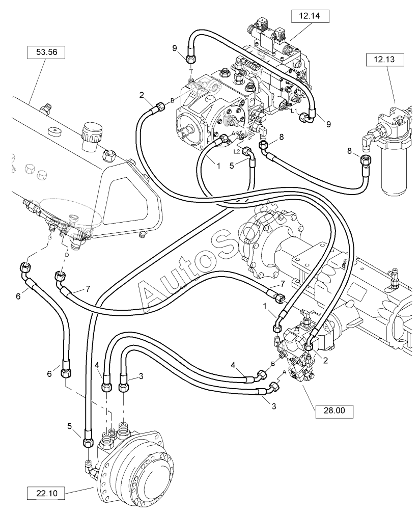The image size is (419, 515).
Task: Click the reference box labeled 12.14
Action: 310,16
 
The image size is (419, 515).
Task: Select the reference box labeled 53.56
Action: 46,52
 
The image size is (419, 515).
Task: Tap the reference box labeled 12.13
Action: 385,60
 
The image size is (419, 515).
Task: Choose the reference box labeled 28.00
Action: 334,411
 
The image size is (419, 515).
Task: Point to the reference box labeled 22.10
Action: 47,493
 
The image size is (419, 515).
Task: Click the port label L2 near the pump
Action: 236,151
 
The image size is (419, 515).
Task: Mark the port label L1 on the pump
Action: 294,111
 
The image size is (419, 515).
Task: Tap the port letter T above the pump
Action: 191,71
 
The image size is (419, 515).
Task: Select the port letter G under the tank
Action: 49,237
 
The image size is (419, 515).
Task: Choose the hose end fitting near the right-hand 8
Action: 365,159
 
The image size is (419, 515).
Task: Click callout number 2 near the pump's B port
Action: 142,96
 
